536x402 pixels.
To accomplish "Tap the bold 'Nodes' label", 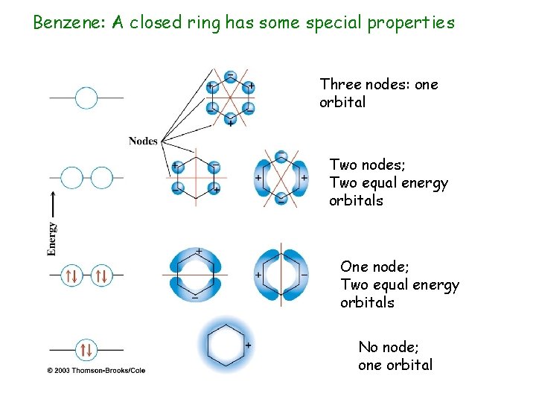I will [143, 141].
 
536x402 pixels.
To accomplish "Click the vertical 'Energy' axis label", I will [52, 239].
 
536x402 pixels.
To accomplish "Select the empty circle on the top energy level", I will [86, 98].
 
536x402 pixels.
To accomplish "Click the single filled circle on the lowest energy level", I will [86, 348].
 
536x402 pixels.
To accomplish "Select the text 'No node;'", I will [387, 347].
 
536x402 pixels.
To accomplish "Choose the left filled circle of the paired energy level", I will [72, 276].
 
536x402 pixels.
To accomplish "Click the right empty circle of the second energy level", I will [101, 177].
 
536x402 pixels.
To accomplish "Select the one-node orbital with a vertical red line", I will [281, 275].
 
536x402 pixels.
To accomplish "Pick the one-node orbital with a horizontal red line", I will [196, 274].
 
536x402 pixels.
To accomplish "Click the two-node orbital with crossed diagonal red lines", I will [281, 178].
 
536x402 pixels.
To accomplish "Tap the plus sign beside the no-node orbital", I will [248, 345].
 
